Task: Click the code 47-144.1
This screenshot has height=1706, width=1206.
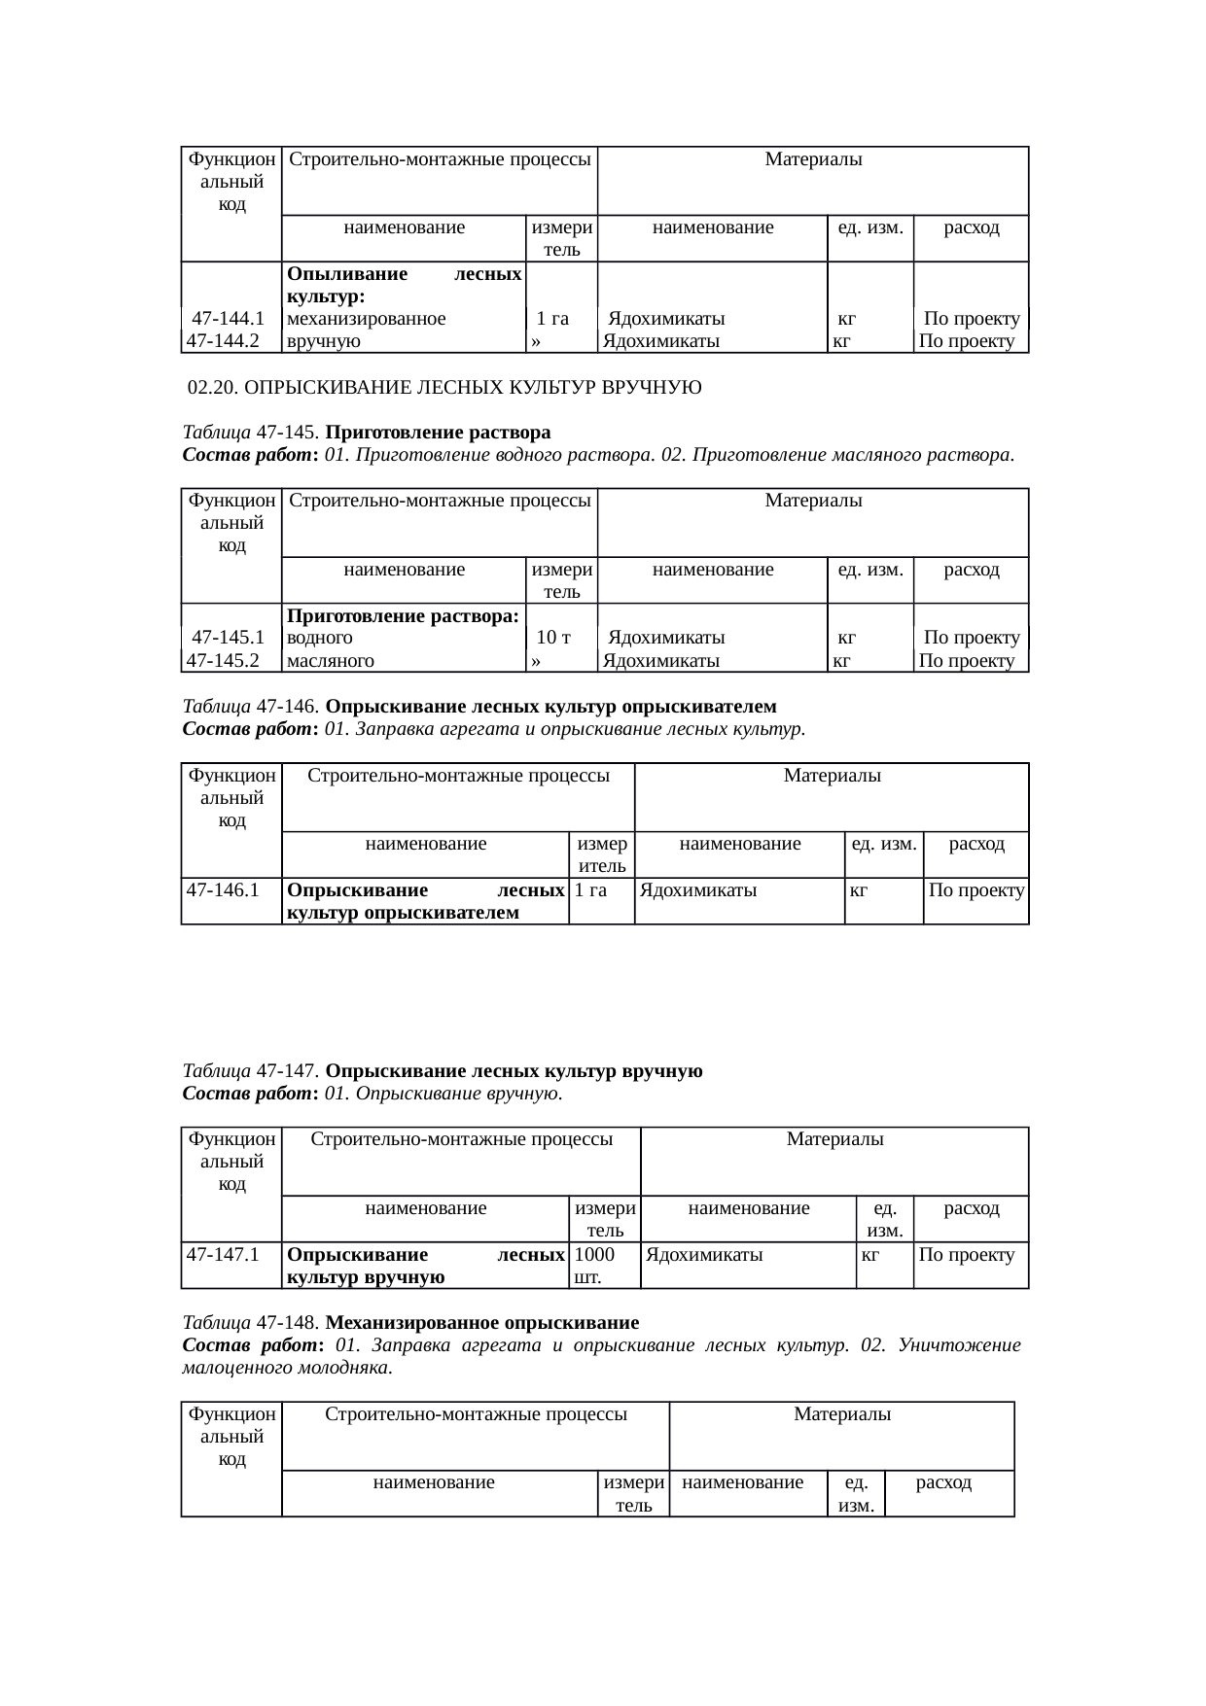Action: click(x=229, y=318)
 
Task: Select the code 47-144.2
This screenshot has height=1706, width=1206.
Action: click(x=222, y=341)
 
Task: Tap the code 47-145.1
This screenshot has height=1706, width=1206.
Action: click(x=229, y=638)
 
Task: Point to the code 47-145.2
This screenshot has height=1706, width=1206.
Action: click(x=222, y=661)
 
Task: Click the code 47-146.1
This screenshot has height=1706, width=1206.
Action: click(x=222, y=889)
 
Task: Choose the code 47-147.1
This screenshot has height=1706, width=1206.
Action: click(x=222, y=1255)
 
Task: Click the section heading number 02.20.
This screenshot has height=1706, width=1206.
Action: click(x=212, y=388)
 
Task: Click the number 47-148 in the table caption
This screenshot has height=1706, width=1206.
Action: click(x=288, y=1323)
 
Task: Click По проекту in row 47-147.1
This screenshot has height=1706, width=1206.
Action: click(x=967, y=1255)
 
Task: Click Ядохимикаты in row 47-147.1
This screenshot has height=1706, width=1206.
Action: click(x=704, y=1255)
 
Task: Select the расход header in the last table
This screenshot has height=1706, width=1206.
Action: click(x=943, y=1482)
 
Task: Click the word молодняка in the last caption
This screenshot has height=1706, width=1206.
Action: click(x=347, y=1369)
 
